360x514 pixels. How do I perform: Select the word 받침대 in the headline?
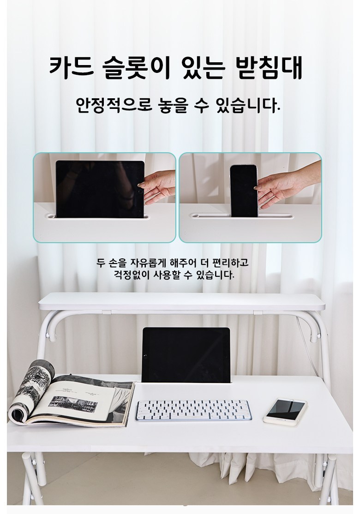[269, 68]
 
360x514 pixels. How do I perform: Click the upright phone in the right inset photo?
[244, 191]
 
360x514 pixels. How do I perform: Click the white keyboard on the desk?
[193, 410]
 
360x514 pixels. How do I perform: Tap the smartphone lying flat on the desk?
[285, 412]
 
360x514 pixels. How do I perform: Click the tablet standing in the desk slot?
[186, 355]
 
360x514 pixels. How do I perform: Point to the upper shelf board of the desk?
[182, 302]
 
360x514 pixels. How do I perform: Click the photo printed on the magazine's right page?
[73, 404]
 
